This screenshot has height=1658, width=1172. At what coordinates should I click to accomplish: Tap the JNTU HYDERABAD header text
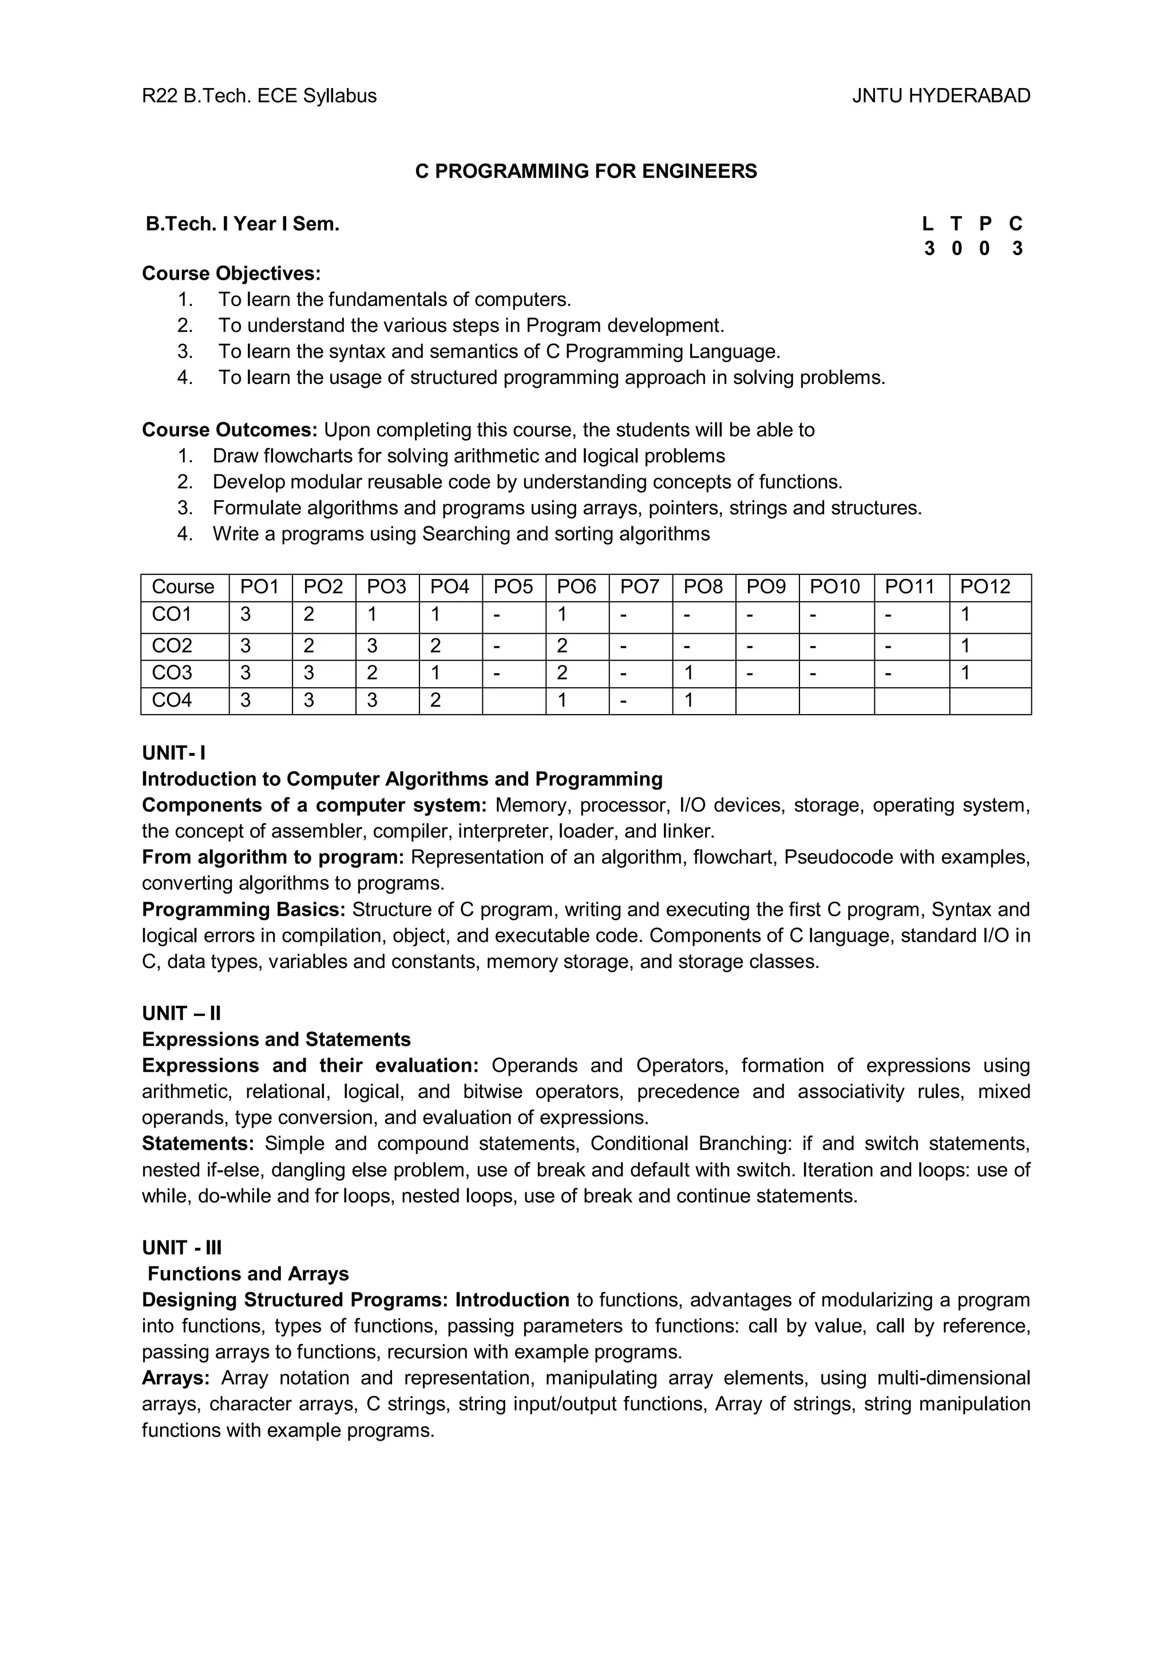[941, 96]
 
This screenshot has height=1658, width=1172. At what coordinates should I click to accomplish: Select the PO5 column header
[513, 586]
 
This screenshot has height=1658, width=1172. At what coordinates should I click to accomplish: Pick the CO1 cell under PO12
[965, 614]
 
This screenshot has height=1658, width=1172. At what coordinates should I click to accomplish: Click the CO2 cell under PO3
[372, 645]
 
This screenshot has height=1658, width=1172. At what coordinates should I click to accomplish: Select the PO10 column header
[835, 586]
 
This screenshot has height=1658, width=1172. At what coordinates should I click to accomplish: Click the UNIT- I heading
[174, 752]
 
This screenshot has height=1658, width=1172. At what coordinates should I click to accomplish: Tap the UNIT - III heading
[182, 1247]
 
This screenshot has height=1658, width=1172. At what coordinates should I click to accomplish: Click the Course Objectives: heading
[231, 273]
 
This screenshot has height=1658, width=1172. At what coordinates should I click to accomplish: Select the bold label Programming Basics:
[243, 909]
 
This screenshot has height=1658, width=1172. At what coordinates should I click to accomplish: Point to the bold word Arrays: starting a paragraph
[176, 1377]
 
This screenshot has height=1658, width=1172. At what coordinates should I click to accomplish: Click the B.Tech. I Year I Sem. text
[243, 224]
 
